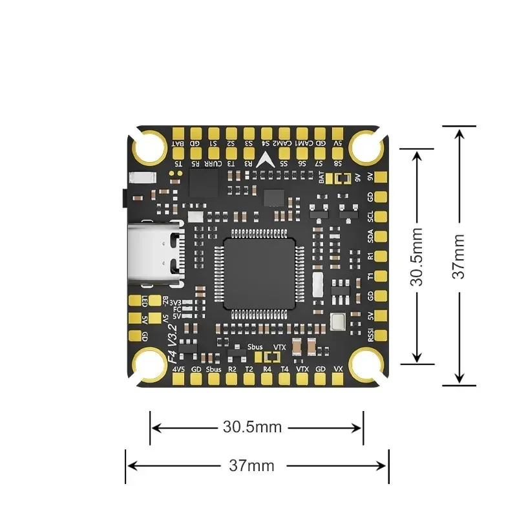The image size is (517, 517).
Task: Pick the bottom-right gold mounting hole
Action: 366,364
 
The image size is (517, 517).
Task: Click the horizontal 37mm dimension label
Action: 251,465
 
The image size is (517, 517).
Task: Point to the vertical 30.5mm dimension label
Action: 417,256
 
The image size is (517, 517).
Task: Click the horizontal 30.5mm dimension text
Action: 252,427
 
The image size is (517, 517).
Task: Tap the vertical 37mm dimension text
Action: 458,256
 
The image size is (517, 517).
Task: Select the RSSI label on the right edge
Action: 370,335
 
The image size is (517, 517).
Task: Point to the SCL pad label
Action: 370,216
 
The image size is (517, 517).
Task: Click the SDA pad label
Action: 370,237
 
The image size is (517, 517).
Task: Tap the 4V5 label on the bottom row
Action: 179,369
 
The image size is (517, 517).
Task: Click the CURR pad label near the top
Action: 213,164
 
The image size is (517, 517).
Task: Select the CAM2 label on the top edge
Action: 283,143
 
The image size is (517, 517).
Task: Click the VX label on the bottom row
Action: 337,369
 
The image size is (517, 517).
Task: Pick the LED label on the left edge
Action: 145,301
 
